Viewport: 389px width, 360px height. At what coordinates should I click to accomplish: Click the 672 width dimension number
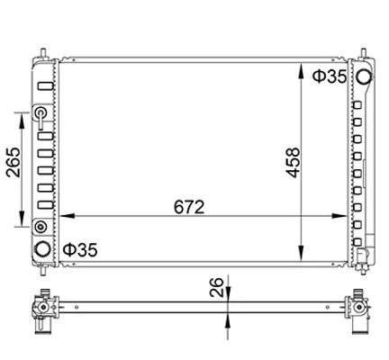pos(189,207)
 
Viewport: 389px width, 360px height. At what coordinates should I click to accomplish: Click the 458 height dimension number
pos(293,162)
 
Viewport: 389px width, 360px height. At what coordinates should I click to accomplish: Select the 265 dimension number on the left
pos(14,162)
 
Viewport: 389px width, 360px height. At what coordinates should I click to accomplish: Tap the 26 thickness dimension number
pos(216,287)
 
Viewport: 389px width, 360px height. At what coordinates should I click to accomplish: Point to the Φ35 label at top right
pos(330,76)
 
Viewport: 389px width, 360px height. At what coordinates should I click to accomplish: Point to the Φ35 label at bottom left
pos(80,249)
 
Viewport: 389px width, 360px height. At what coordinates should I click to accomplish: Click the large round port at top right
pos(365,76)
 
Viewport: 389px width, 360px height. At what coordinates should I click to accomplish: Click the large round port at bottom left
pos(42,249)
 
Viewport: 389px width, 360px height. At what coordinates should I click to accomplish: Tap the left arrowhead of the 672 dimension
pos(68,216)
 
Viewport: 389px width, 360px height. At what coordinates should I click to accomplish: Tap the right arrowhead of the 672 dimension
pos(339,216)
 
